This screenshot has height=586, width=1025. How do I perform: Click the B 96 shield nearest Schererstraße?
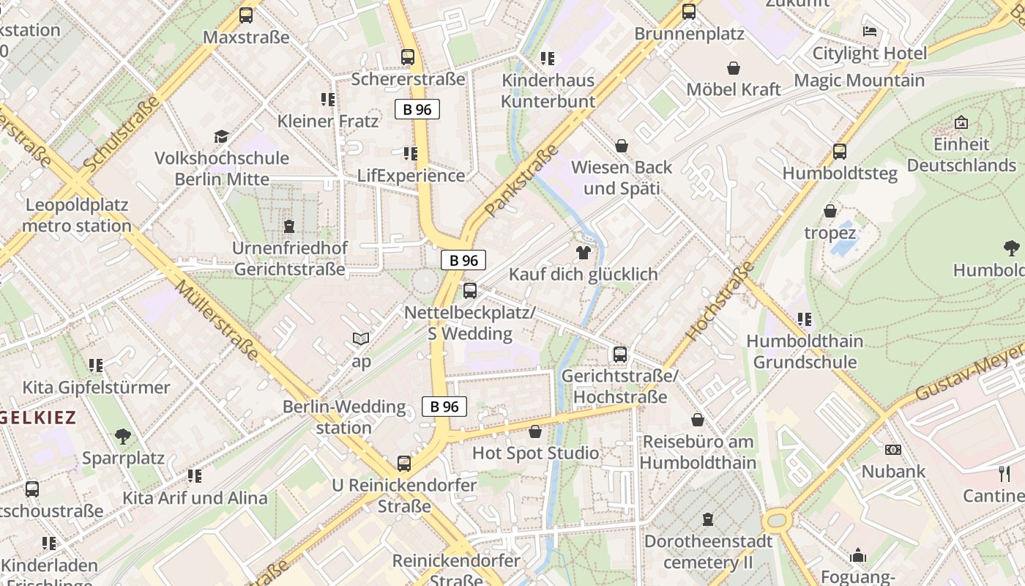point(417,109)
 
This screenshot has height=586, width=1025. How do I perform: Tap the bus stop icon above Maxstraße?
point(246,15)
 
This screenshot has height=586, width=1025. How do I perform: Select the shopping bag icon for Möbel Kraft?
point(733,68)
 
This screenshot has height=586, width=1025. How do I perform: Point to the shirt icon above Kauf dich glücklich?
point(583,253)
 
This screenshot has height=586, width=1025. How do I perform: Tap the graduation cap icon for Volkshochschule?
point(221,136)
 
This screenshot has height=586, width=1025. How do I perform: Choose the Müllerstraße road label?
point(217,320)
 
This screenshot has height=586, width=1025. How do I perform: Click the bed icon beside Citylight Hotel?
point(869,31)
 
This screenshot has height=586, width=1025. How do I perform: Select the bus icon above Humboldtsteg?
point(839,152)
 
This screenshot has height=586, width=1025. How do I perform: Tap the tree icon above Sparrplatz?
point(123,437)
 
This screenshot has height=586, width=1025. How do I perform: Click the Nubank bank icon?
point(892,450)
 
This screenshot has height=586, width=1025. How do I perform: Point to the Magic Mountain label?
point(859,80)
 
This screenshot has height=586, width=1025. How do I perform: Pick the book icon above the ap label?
point(361,338)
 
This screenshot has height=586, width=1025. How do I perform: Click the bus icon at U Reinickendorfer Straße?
point(403,463)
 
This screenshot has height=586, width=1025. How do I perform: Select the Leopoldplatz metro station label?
point(77,215)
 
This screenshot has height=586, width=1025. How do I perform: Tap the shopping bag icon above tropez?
point(830,211)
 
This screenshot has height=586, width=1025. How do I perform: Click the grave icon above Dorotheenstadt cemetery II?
point(707,519)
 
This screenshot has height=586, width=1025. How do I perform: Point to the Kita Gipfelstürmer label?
point(96,387)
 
